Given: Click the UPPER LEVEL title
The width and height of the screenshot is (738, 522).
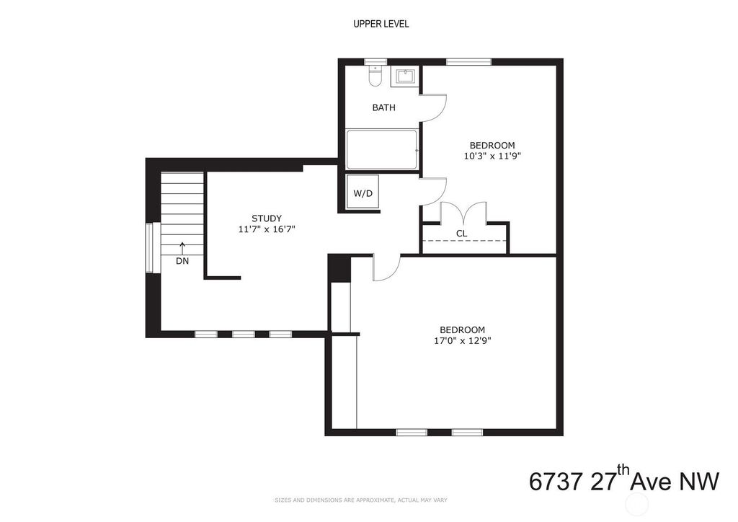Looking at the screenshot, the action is pos(381,24).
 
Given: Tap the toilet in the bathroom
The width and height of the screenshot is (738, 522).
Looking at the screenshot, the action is pos(375,76).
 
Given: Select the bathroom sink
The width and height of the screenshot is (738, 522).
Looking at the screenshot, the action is pos(404,77).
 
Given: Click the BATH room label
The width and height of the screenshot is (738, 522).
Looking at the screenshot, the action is pos(383,107).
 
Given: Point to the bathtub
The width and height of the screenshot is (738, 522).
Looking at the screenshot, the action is pos(382,149).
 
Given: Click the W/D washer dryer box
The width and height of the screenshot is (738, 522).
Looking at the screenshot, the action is pos(363,192).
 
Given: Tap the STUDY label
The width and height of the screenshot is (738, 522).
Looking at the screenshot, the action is pos(267,218).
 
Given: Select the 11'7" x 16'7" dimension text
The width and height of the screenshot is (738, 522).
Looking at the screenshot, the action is pos(267,229).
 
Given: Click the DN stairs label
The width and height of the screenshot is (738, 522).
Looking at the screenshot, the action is pos(182,261).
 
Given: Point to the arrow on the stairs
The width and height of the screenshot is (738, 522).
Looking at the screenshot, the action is pos(182,248).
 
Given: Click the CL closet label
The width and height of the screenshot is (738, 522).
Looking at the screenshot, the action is pos(462,233).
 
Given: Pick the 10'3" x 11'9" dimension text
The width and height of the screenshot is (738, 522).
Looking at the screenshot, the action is pos(492,156).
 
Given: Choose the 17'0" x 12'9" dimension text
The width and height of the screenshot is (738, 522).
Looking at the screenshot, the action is pos(462,341).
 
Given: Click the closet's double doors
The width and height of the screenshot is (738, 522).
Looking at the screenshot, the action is pos(463,212).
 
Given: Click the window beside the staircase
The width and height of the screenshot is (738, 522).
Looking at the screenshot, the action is pos(150,247).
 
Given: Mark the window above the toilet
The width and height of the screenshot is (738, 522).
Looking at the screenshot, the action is pos(375,62).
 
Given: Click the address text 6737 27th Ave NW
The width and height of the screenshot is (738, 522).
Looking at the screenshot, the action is pos(624,480).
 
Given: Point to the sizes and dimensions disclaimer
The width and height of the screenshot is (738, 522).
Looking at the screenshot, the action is pos(361,500).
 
